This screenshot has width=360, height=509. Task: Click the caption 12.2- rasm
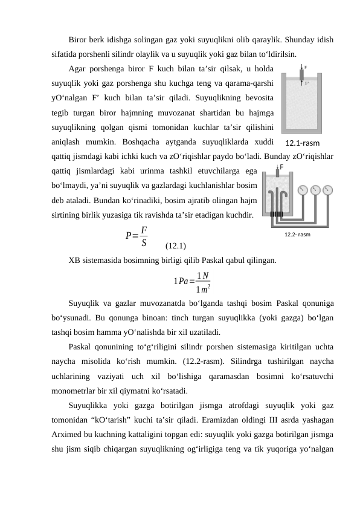point(297,234)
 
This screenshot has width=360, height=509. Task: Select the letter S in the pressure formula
point(143,242)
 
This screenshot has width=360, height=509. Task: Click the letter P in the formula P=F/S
point(128,236)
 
